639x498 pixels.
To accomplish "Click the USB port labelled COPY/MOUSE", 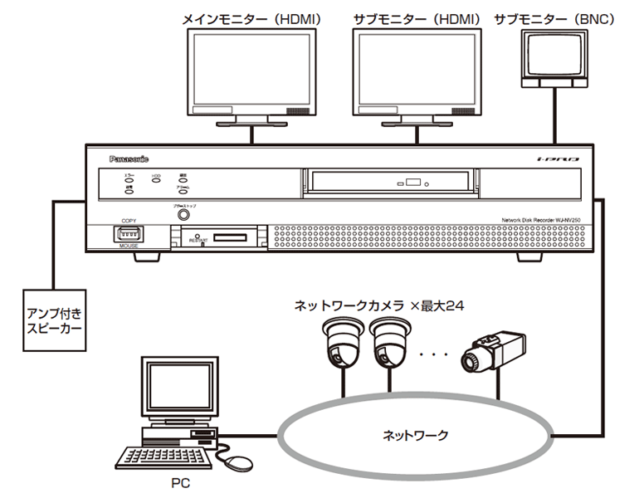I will click(128, 234).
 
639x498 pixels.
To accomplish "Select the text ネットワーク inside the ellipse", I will click(415, 434).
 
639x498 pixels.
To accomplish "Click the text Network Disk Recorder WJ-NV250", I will click(538, 218).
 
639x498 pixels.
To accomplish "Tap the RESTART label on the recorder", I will click(198, 240).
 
